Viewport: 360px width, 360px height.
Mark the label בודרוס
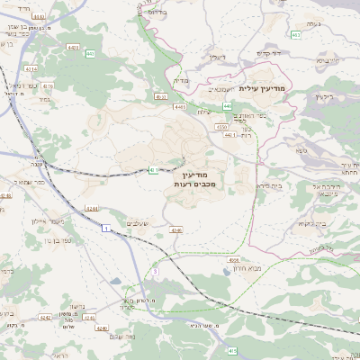(x=157, y=13)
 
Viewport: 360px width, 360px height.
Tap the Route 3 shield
(x=155, y=270)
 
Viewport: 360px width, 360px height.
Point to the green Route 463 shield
(x=295, y=35)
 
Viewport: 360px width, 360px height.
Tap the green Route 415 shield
(x=231, y=349)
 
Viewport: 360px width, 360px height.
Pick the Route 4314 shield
(x=31, y=67)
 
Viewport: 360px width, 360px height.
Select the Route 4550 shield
(x=221, y=127)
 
